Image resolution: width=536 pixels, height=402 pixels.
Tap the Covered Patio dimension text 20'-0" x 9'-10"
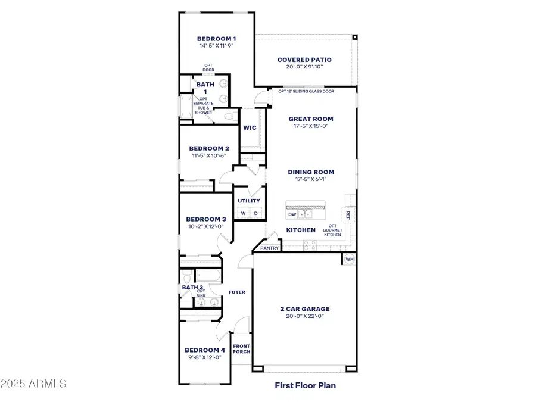pyautogui.click(x=304, y=67)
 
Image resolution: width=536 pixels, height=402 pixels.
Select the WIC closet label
pyautogui.click(x=249, y=127)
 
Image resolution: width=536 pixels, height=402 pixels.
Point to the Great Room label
pyautogui.click(x=311, y=119)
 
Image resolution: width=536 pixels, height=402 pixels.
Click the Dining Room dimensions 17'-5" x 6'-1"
pyautogui.click(x=311, y=179)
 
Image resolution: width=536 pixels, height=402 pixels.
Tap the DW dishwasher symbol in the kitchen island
pyautogui.click(x=292, y=214)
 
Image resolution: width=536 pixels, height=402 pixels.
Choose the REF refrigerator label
pyautogui.click(x=348, y=215)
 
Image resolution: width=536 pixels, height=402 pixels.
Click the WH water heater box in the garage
pyautogui.click(x=350, y=259)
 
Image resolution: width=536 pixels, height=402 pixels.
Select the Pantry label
pyautogui.click(x=269, y=248)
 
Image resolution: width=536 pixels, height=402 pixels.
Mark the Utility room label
pyautogui.click(x=249, y=201)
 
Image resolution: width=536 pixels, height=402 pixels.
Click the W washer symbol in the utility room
pyautogui.click(x=243, y=214)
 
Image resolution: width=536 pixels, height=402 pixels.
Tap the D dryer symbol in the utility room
pyautogui.click(x=255, y=214)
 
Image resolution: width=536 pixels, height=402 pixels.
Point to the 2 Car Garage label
pyautogui.click(x=305, y=309)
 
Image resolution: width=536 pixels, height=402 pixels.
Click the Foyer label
pyautogui.click(x=237, y=292)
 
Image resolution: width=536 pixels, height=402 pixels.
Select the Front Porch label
pyautogui.click(x=241, y=348)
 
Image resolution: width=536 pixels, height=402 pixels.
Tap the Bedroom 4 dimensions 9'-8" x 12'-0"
pyautogui.click(x=205, y=357)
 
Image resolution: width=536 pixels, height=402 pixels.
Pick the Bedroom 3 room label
pyautogui.click(x=205, y=219)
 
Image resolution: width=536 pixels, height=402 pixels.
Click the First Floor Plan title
pyautogui.click(x=305, y=385)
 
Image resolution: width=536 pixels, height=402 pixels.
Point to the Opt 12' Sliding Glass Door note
pyautogui.click(x=306, y=91)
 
